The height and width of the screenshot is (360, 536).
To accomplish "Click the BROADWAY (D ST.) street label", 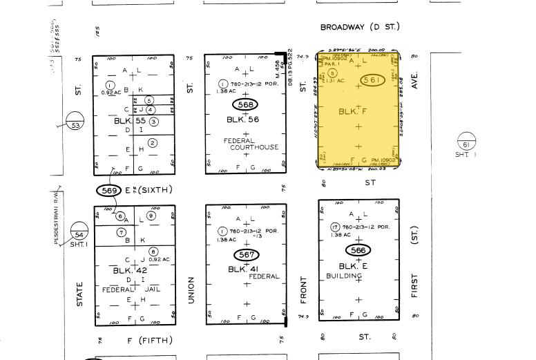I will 359,27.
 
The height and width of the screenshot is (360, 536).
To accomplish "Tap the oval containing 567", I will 246,255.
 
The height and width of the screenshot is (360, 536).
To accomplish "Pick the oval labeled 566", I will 358,250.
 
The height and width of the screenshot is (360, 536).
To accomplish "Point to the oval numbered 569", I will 109,190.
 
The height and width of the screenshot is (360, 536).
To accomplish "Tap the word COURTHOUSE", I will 255,147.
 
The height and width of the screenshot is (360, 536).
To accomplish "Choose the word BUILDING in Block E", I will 344,276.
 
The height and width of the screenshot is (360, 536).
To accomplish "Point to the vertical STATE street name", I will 80,294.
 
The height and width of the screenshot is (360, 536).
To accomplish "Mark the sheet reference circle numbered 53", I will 75,125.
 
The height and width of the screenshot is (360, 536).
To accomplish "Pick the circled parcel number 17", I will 334,227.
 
